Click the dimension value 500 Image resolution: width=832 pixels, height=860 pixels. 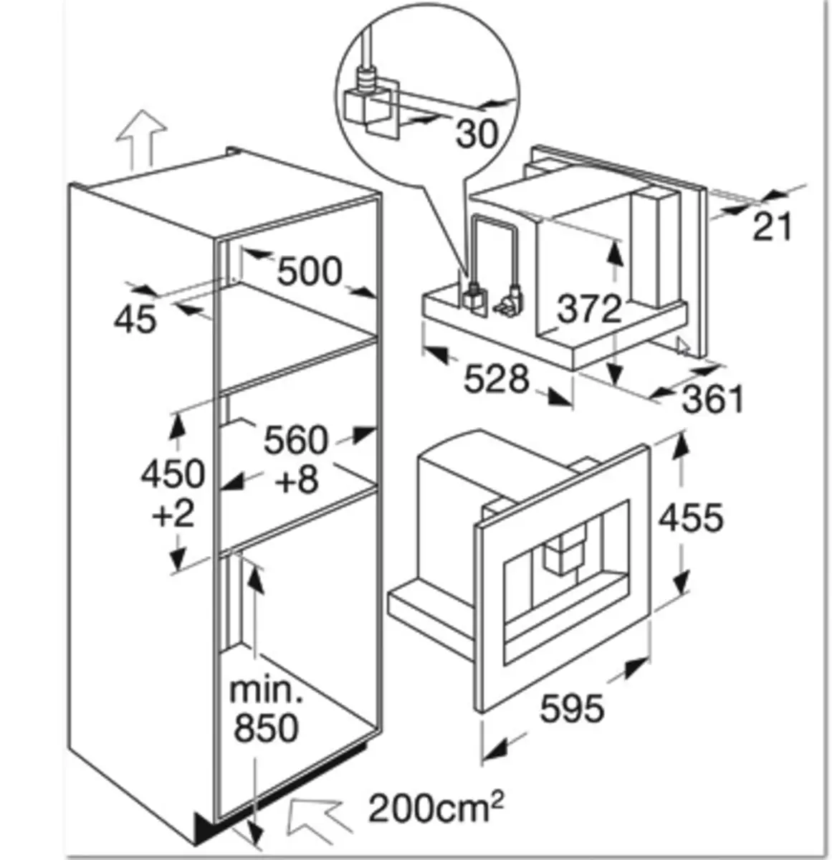(x=310, y=272)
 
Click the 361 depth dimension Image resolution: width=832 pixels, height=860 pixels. (x=712, y=399)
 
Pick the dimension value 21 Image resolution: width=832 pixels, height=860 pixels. (x=773, y=226)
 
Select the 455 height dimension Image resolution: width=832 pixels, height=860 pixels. (x=691, y=517)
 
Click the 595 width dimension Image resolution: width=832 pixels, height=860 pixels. (x=571, y=709)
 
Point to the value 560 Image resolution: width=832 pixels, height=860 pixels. (x=295, y=439)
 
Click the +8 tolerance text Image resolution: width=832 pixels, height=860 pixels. (x=297, y=480)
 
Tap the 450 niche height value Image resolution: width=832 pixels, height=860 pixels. (x=173, y=473)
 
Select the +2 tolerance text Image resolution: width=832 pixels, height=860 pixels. (x=173, y=513)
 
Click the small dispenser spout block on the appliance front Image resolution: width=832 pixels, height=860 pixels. (x=562, y=552)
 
